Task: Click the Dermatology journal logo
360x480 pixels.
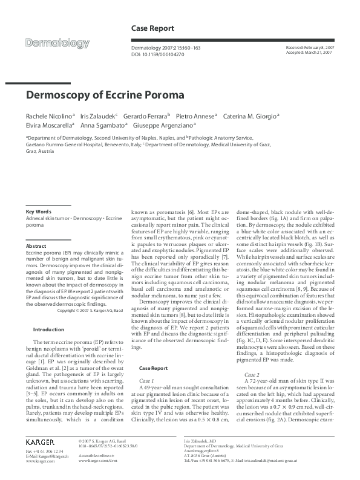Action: (63, 42)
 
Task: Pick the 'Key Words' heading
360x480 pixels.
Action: (38, 212)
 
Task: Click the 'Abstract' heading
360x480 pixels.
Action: (36, 247)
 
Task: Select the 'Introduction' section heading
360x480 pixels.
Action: (48, 329)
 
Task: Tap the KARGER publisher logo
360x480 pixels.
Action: (41, 442)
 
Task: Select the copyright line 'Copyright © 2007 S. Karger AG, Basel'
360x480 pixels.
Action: (91, 310)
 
